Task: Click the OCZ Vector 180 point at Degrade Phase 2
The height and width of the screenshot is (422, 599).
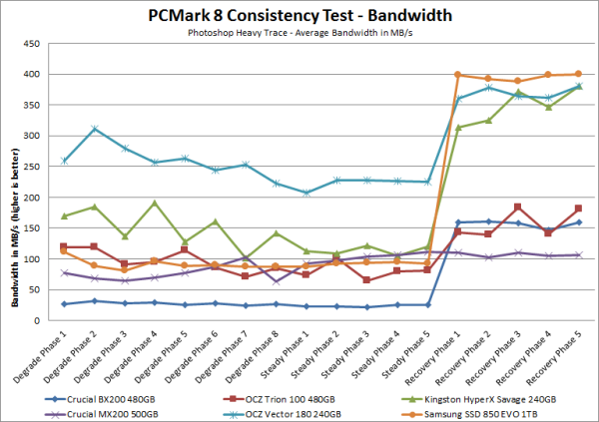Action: point(94,129)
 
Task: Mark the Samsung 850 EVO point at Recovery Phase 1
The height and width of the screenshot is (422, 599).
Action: point(457,75)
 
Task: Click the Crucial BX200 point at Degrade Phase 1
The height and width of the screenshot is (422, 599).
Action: point(64,303)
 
